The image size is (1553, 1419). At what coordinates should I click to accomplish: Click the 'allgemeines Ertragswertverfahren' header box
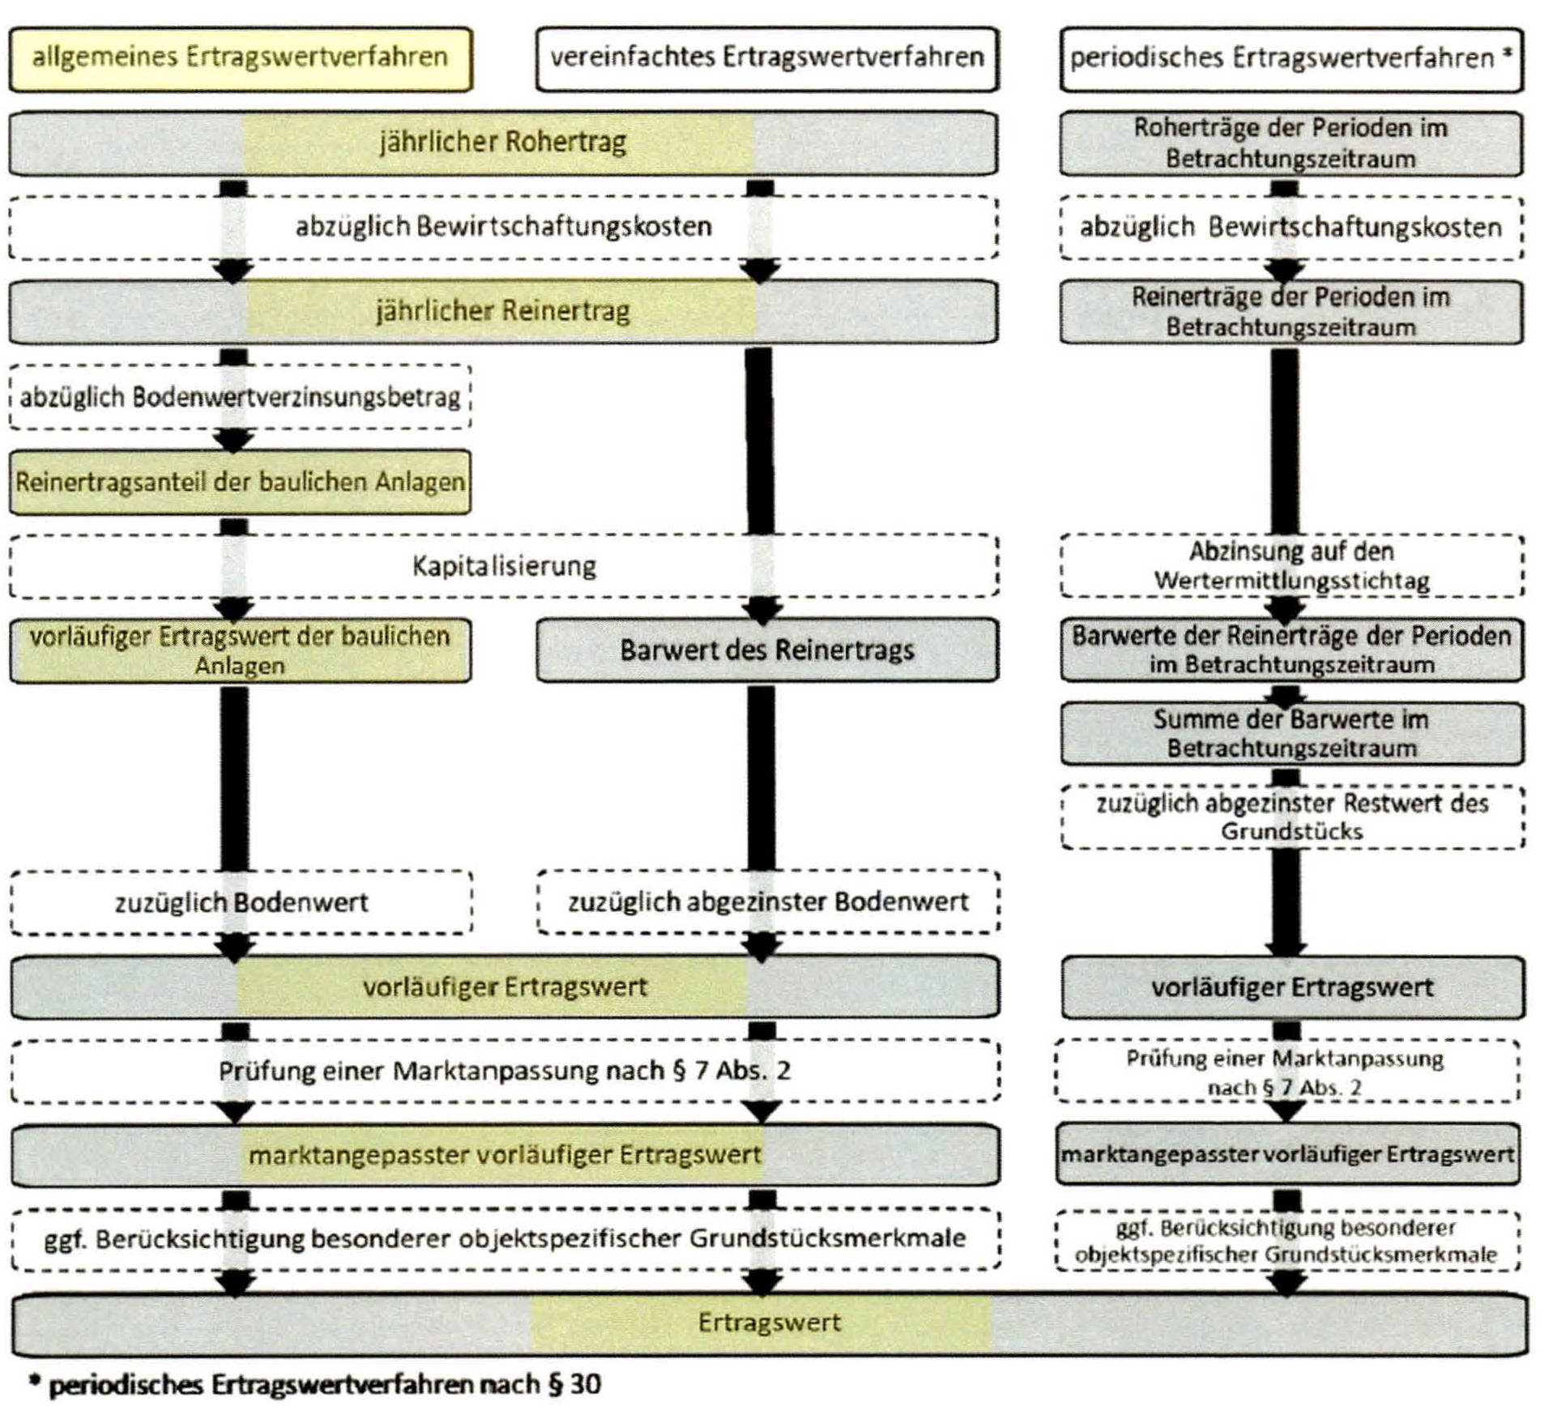(240, 58)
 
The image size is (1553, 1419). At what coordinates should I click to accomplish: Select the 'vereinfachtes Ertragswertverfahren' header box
(766, 58)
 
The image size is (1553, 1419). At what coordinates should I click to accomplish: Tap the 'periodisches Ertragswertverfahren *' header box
(1291, 58)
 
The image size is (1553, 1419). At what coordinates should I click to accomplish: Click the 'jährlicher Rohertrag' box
(502, 143)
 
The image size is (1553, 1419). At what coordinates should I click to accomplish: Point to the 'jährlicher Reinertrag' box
(502, 311)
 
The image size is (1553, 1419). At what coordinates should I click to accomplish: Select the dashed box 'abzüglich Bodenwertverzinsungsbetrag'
(240, 397)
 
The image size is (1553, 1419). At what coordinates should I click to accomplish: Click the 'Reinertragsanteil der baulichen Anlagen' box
(240, 482)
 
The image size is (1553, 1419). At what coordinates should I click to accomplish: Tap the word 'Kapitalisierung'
(504, 565)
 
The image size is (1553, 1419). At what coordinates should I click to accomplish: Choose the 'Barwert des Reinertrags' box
(766, 650)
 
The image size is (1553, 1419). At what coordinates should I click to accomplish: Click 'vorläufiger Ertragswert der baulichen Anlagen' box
(240, 650)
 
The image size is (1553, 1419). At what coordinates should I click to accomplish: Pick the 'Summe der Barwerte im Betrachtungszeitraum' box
(1291, 733)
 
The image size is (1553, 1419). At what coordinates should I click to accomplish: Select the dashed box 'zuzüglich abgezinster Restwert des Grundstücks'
(1291, 816)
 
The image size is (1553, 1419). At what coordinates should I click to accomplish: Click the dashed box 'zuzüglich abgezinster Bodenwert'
(767, 901)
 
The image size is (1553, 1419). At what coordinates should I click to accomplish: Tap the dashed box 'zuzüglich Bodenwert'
(241, 902)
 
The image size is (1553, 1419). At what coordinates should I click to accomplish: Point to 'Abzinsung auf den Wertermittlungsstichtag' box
(1291, 565)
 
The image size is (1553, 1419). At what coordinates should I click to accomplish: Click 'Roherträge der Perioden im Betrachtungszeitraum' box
(1291, 143)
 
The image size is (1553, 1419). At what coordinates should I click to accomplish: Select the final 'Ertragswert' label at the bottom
(769, 1323)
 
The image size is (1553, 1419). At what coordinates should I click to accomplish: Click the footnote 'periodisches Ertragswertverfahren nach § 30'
(324, 1384)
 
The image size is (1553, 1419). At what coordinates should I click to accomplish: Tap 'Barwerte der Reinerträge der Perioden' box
(1291, 650)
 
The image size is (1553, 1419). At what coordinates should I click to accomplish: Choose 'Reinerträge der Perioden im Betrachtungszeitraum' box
(1291, 311)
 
